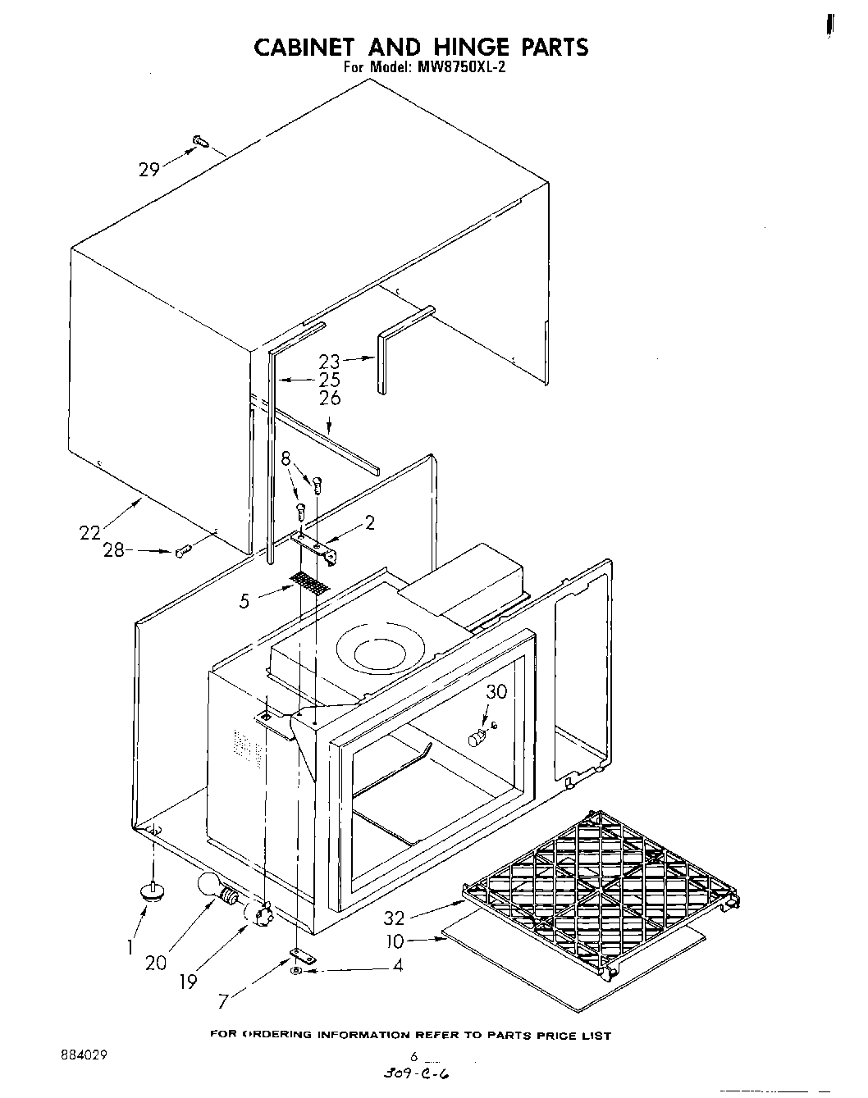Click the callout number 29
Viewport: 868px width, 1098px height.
pos(148,170)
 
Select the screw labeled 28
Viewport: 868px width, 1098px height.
pos(182,550)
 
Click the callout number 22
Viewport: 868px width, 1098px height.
pos(89,532)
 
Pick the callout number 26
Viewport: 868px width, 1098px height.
pos(329,399)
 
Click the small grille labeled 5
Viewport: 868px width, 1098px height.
pos(310,583)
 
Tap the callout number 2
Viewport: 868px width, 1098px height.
pos(370,522)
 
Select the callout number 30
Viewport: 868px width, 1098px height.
pos(496,691)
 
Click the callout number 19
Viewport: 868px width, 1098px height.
pos(189,981)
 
